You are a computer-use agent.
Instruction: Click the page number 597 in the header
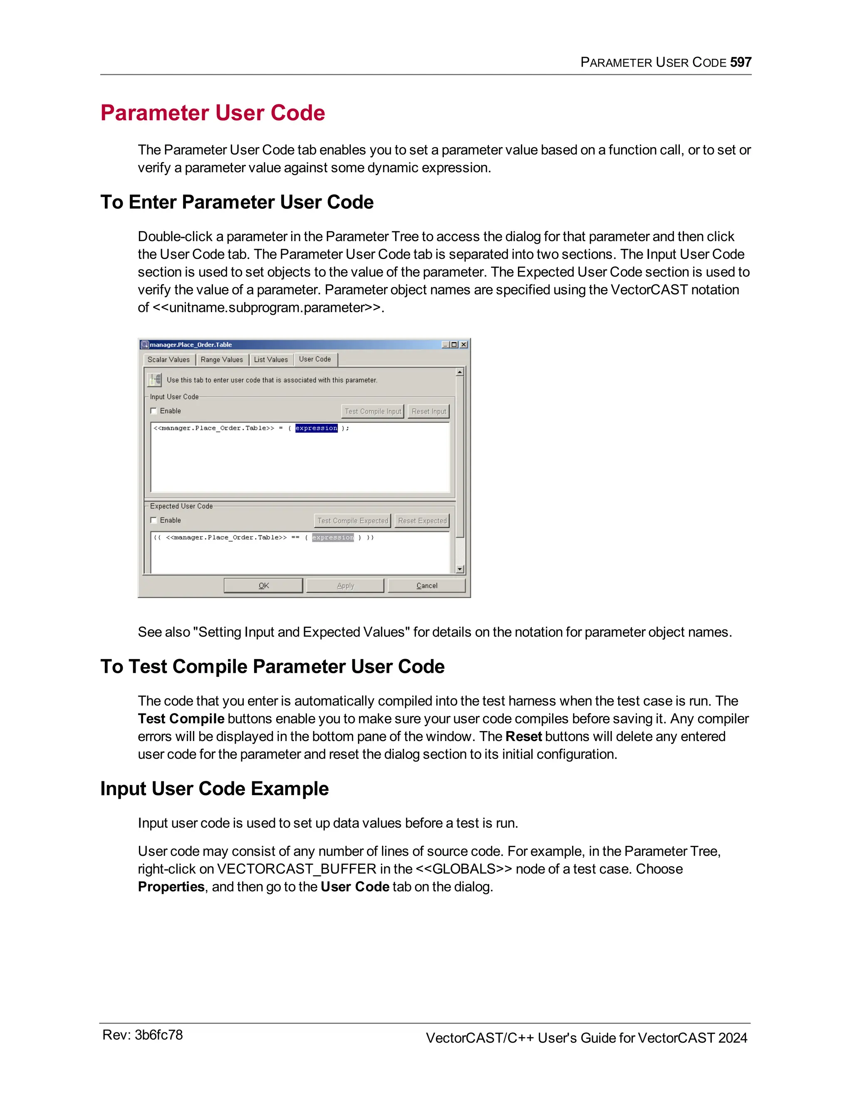point(740,62)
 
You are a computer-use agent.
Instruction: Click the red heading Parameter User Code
point(213,113)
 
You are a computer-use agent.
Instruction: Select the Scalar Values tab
point(168,360)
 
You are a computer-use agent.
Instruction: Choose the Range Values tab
point(222,360)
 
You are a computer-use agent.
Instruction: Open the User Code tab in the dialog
point(315,359)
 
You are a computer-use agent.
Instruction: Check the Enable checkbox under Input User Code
point(154,411)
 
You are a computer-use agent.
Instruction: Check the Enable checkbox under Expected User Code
point(154,520)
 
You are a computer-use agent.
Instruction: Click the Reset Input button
point(428,411)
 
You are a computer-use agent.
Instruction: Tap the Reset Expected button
point(422,521)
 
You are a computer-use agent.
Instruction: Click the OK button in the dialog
point(263,586)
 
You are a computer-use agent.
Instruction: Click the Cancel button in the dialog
point(426,586)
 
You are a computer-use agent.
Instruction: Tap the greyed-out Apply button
point(345,586)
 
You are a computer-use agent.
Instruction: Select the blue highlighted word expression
point(317,428)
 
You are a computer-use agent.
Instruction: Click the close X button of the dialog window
point(464,345)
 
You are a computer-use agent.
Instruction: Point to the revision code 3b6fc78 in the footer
point(159,1035)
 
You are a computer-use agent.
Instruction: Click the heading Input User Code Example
point(215,788)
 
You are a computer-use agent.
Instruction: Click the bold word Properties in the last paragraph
point(171,887)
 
